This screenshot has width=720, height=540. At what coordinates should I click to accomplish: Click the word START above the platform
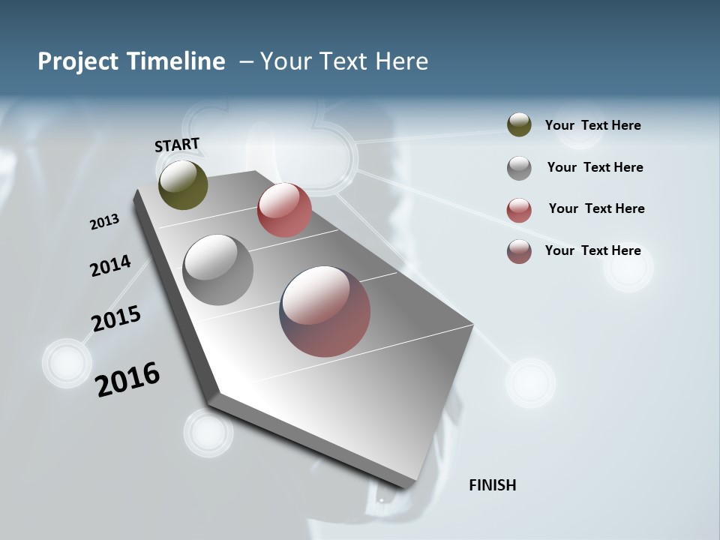point(177,145)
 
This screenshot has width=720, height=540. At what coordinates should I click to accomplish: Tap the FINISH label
point(492,485)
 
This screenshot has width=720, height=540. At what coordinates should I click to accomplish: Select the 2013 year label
point(104,222)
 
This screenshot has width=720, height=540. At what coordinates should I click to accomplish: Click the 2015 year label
point(116,319)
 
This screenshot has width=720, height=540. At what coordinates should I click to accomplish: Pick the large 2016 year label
point(127,379)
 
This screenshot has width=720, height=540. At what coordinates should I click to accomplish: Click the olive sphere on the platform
point(183,184)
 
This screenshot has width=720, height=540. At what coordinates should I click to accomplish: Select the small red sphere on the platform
point(284,210)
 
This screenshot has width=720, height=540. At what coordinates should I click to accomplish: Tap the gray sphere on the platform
point(218,270)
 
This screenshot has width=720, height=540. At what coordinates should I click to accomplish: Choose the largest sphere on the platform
point(325,311)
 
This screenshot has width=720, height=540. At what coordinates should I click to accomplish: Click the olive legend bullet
point(519,125)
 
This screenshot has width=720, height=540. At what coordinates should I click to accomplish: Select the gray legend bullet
point(519,168)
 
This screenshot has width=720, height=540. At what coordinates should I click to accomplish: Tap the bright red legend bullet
point(519,210)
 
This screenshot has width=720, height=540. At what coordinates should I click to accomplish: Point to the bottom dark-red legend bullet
point(519,251)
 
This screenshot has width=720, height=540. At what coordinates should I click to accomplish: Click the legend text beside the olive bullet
point(592,125)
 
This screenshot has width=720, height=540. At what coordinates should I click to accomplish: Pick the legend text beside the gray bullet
point(595,167)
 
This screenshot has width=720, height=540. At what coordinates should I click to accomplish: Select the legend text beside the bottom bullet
point(592,250)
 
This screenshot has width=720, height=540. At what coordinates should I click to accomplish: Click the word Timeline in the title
point(175,61)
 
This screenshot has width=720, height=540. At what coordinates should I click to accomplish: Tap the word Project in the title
point(77,61)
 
